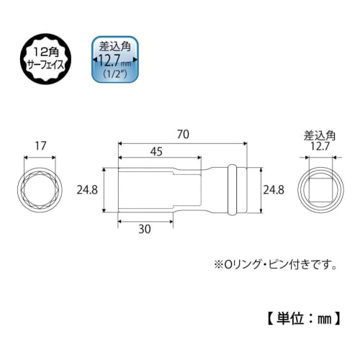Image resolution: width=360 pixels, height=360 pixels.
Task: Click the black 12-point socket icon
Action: tap(45, 57)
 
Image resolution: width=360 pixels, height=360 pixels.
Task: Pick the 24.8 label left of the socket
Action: tap(87, 190)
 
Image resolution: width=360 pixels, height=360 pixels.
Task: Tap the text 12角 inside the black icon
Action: tap(45, 50)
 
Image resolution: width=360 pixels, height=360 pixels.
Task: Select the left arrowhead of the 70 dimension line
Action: tap(121, 143)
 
